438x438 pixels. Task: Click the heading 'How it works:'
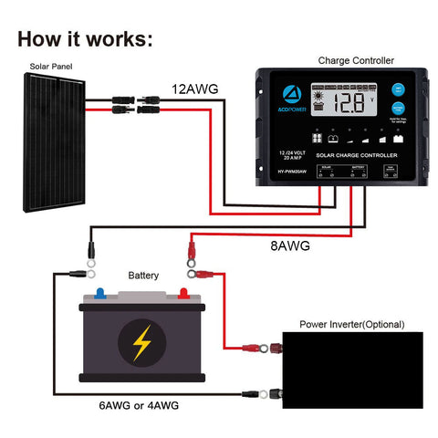(x=85, y=39)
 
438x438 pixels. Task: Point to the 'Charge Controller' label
(x=356, y=61)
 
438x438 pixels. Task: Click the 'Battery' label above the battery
(x=143, y=274)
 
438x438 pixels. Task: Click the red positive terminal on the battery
(x=184, y=294)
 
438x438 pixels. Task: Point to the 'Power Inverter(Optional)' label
(x=352, y=324)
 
